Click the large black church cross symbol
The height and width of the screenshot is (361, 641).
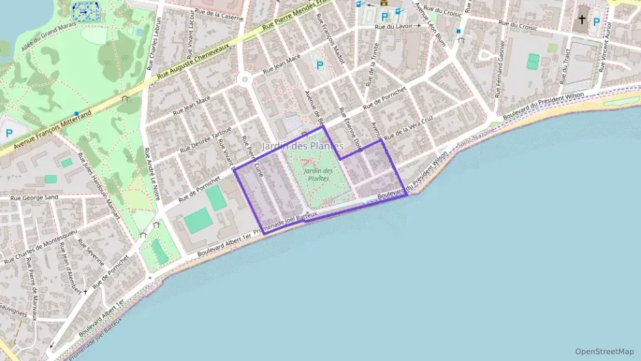click(581, 20)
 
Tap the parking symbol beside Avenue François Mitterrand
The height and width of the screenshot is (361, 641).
click(10, 134)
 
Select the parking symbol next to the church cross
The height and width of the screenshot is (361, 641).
click(596, 22)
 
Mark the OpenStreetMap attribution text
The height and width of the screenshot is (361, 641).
click(605, 351)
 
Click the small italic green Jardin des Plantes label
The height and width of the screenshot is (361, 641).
click(318, 174)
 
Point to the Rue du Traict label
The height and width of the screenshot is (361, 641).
click(566, 69)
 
